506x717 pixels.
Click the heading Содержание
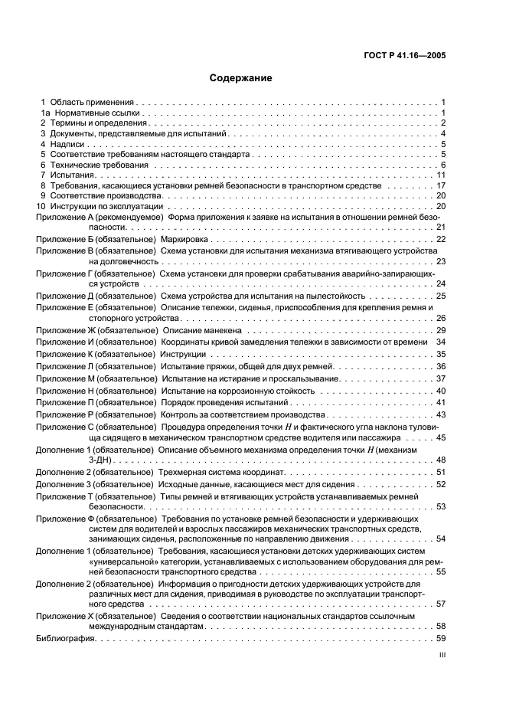pos(240,78)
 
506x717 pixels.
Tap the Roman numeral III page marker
pos(442,655)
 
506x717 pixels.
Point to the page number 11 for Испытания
pos(441,175)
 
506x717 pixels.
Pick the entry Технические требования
pos(96,165)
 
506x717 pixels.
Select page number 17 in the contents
pos(441,185)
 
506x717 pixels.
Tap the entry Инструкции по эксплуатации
pos(106,207)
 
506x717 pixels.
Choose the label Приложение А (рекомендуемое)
pos(96,218)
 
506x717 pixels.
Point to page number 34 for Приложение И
pos(441,341)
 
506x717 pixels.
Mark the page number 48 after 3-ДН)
pos(441,460)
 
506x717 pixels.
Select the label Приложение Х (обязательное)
pos(96,615)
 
